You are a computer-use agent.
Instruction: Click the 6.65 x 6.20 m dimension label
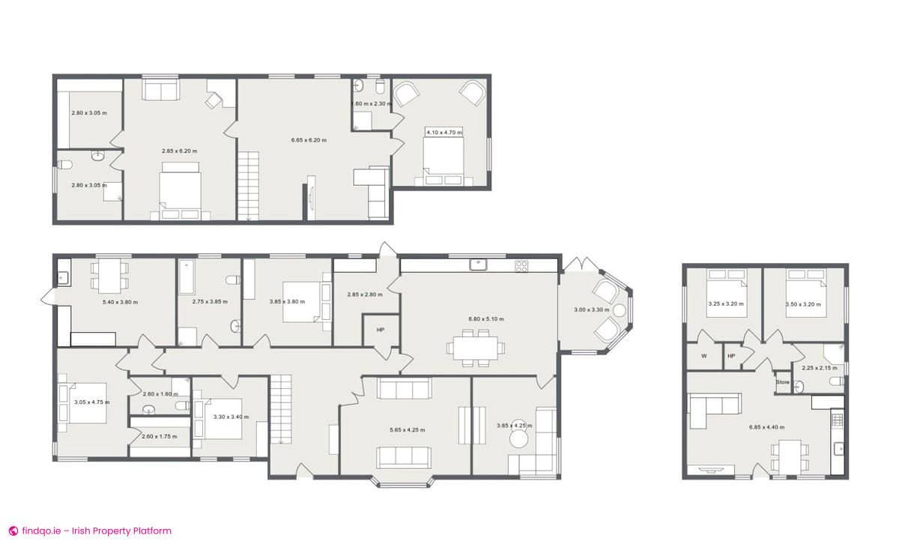(x=309, y=140)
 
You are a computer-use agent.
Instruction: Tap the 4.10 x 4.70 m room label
(x=444, y=133)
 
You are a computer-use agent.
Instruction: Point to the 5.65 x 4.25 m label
(x=407, y=430)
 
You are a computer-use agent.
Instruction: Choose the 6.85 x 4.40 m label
(x=766, y=427)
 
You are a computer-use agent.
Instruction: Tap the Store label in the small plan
(x=783, y=382)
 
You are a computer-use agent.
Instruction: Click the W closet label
(x=703, y=356)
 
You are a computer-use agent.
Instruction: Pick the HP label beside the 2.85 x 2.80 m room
(x=381, y=330)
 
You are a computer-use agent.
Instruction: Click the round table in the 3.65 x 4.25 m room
(x=520, y=440)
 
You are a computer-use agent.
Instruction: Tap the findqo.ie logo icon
(x=13, y=531)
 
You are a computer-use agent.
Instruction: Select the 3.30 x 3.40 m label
(x=231, y=417)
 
